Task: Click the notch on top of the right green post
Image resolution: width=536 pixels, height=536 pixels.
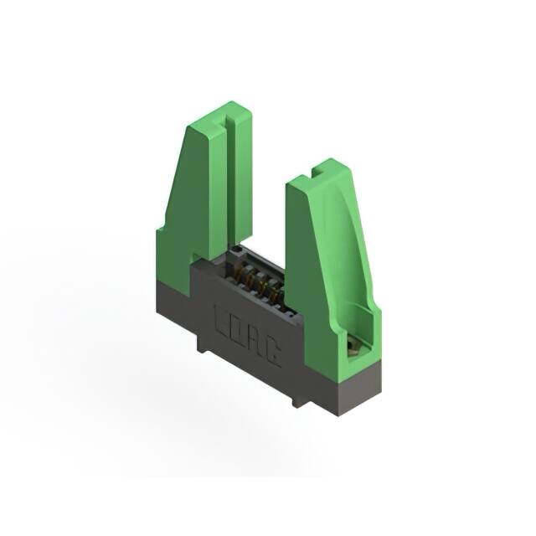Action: pyautogui.click(x=317, y=172)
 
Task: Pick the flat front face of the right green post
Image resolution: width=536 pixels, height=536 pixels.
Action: pyautogui.click(x=306, y=268)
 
